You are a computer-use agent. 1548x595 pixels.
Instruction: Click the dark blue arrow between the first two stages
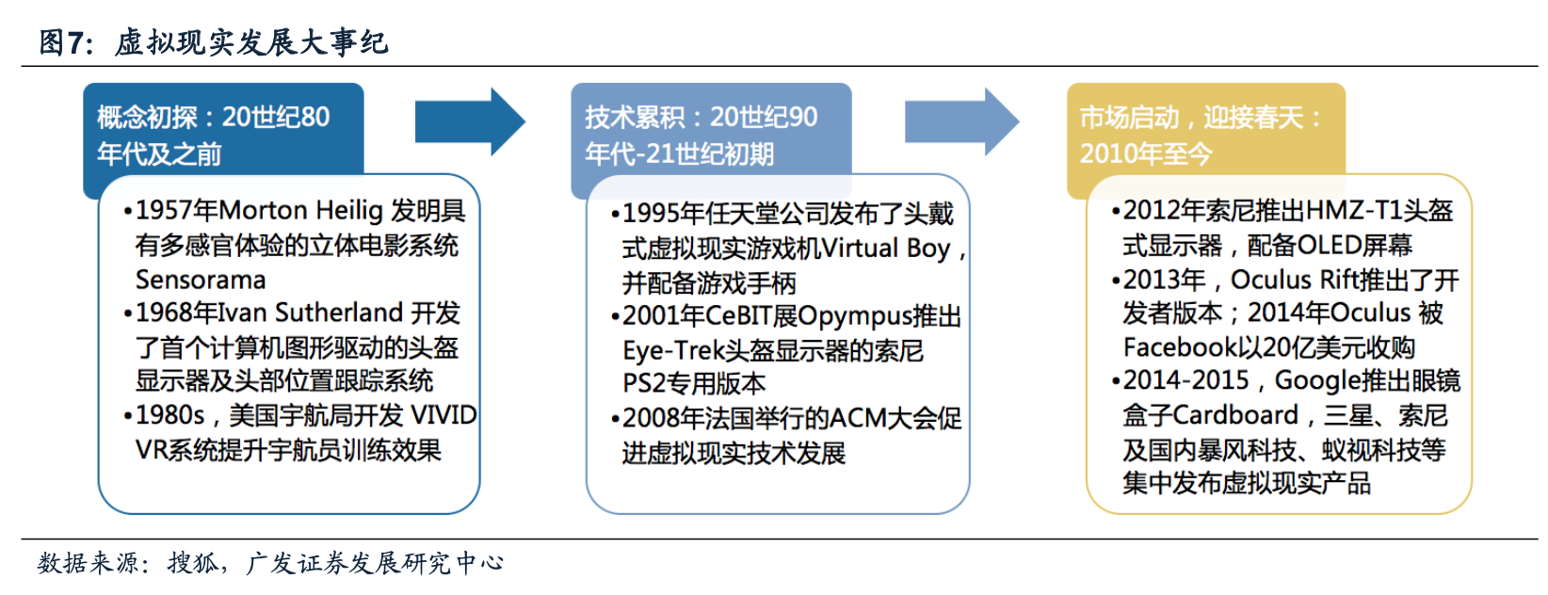(x=468, y=121)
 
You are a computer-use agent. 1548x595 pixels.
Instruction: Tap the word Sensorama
(x=201, y=280)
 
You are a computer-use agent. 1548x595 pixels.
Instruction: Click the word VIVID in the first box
(x=443, y=415)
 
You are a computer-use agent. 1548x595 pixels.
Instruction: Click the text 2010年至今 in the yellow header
(x=1145, y=153)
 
